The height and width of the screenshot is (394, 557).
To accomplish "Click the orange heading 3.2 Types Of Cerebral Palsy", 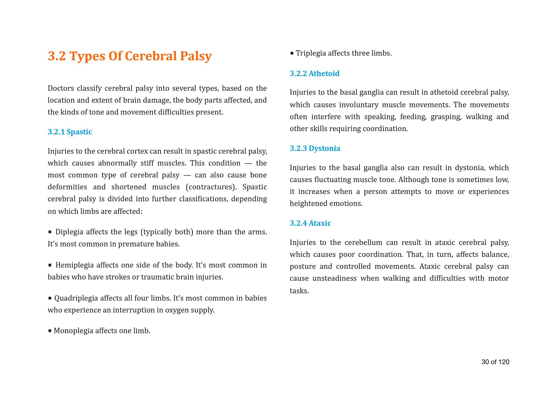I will (x=130, y=56).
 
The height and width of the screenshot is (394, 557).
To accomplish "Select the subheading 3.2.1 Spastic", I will (x=70, y=132).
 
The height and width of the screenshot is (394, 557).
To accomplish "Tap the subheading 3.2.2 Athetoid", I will (x=314, y=74).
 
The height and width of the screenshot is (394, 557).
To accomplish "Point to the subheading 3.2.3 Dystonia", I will (x=315, y=148).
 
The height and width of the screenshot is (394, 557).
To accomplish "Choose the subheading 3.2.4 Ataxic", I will (x=310, y=223).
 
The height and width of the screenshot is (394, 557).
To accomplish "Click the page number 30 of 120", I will (x=495, y=362).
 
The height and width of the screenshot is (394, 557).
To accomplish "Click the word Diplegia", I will (x=69, y=232).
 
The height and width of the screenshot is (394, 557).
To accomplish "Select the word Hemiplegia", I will (x=74, y=265).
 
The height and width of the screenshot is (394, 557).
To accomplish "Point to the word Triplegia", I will (x=311, y=53).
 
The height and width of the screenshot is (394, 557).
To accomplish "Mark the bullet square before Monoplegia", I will (x=50, y=331).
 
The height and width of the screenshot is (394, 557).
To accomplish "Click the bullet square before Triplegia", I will (x=292, y=53).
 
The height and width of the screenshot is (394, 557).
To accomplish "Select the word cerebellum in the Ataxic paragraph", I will (x=363, y=243).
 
